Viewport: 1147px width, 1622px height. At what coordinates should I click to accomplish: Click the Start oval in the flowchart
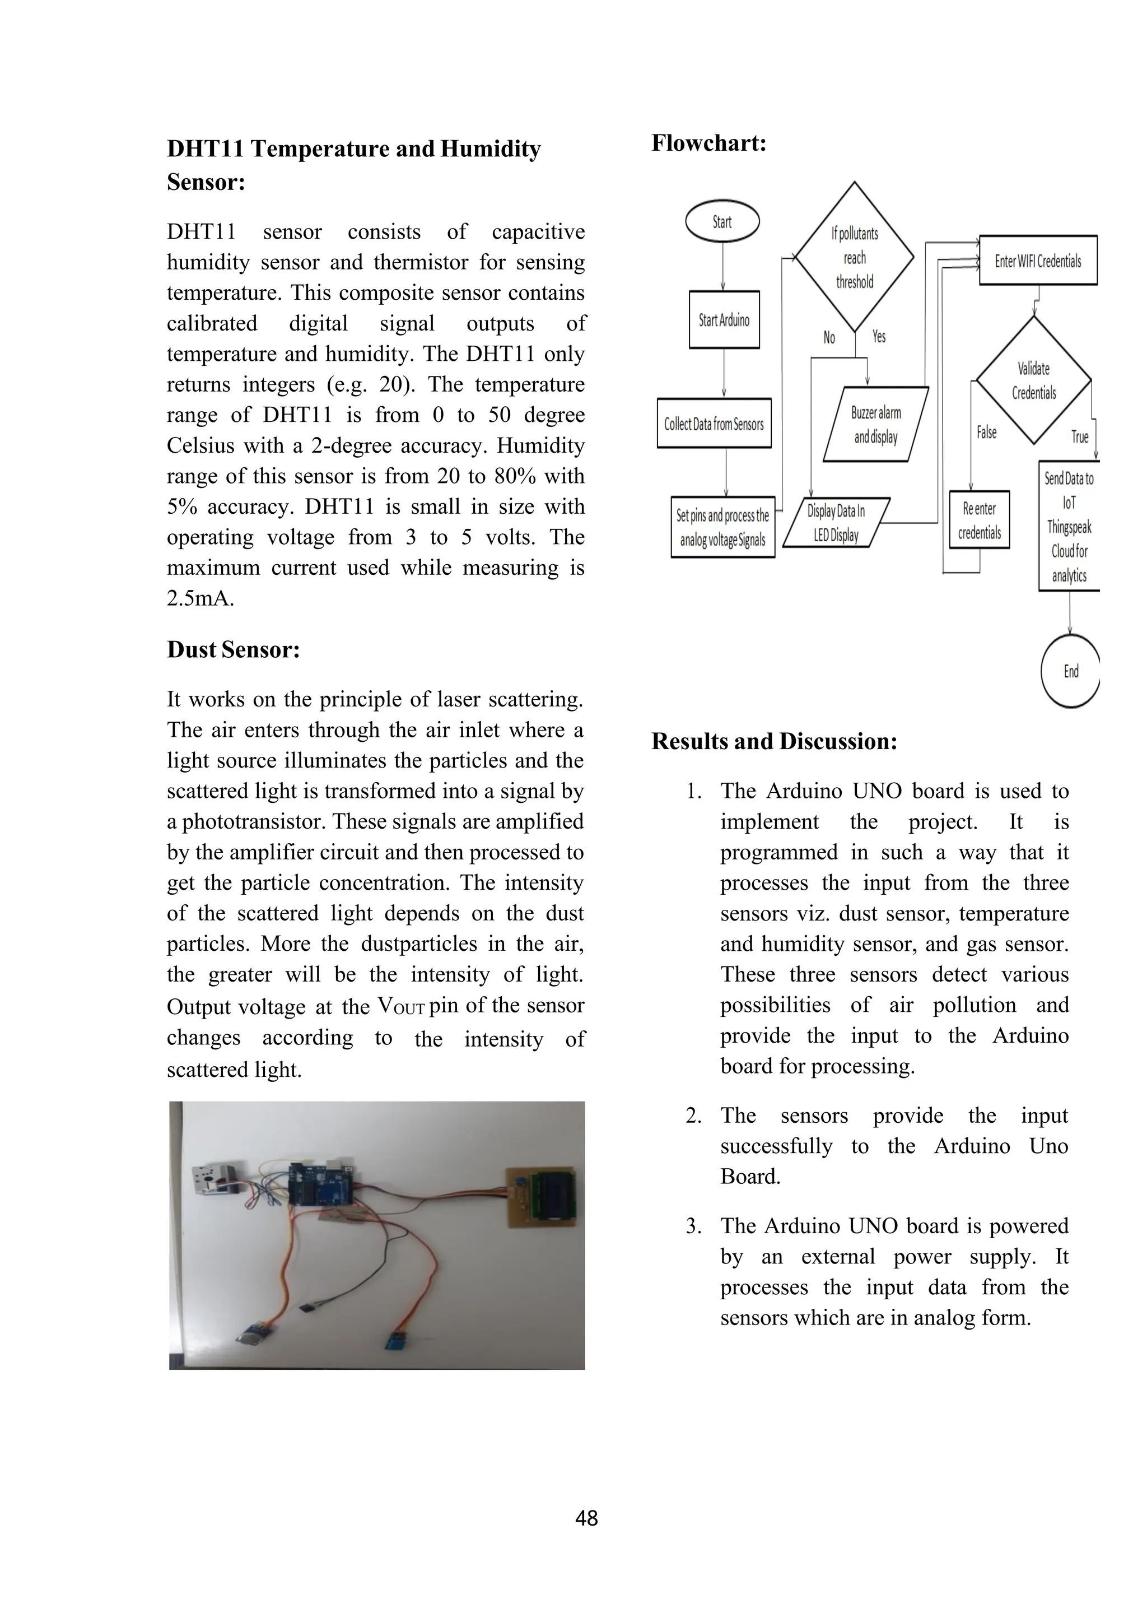(722, 222)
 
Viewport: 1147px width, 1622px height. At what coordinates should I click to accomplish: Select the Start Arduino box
(724, 320)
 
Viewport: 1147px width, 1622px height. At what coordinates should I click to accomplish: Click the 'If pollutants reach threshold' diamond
(855, 257)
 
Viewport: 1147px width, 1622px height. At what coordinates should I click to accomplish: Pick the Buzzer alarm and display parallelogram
(876, 425)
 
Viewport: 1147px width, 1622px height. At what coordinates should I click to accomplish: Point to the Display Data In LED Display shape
(836, 523)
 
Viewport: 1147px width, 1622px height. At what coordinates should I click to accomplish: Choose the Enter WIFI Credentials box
(1038, 261)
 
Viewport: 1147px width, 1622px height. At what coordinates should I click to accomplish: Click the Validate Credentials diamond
(1033, 380)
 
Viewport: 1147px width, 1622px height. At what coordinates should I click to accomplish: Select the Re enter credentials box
(980, 520)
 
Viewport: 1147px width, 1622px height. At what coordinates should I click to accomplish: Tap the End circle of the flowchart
(1071, 671)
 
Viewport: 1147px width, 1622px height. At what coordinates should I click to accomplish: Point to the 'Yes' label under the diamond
(879, 336)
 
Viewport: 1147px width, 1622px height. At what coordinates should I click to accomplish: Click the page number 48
(586, 1517)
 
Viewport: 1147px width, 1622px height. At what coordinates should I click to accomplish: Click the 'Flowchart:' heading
(708, 143)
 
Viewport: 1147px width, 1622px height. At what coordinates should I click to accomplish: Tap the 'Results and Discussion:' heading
(774, 741)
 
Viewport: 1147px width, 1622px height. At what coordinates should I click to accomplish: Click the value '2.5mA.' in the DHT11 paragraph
(201, 598)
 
